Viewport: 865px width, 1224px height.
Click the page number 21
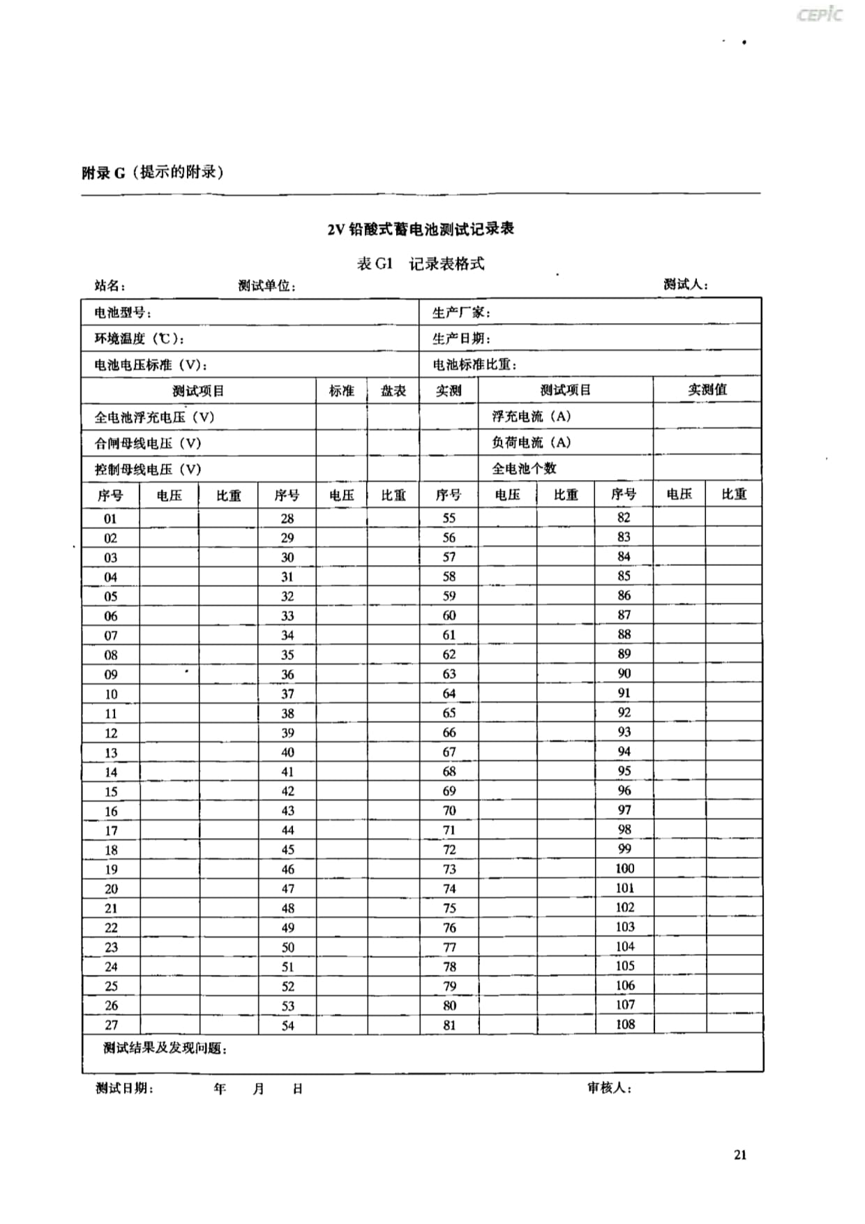(x=740, y=1155)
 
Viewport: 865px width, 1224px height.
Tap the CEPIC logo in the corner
(x=820, y=15)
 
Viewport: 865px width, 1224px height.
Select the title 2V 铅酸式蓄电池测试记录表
(x=421, y=229)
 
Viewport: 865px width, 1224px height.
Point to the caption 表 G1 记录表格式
(x=421, y=264)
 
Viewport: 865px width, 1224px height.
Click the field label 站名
(x=110, y=285)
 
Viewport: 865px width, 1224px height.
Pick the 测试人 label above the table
(x=685, y=285)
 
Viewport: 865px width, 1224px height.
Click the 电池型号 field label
(x=123, y=313)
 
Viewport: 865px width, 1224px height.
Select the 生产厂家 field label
(x=461, y=313)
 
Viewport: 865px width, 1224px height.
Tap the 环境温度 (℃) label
(x=140, y=339)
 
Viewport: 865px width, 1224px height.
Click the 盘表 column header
(x=393, y=391)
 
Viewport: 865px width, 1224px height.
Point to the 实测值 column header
(x=707, y=389)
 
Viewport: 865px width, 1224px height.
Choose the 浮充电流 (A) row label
(x=531, y=417)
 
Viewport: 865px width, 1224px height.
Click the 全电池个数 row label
(x=524, y=468)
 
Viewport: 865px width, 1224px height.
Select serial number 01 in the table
(x=110, y=518)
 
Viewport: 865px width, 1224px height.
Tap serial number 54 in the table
(x=287, y=1025)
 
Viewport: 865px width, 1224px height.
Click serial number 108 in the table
(x=625, y=1024)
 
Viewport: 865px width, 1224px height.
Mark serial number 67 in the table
(x=449, y=752)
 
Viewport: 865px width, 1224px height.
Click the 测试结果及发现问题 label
(x=165, y=1048)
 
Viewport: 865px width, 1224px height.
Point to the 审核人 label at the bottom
(x=609, y=1088)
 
